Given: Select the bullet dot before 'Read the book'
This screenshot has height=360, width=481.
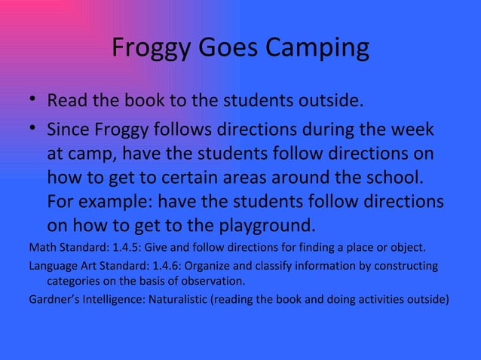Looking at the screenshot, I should [33, 101].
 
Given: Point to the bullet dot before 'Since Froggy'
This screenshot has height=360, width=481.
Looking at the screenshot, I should [33, 132].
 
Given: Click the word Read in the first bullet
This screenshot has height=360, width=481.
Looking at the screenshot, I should [66, 101].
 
